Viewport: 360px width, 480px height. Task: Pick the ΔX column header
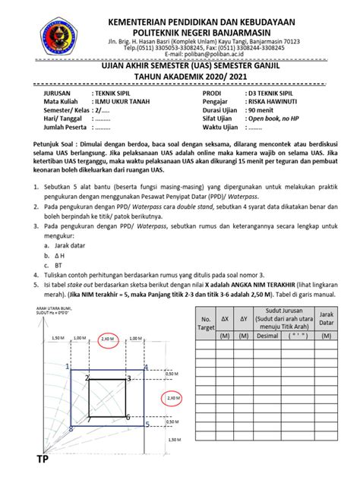229,320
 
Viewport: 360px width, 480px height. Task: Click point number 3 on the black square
128,377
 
